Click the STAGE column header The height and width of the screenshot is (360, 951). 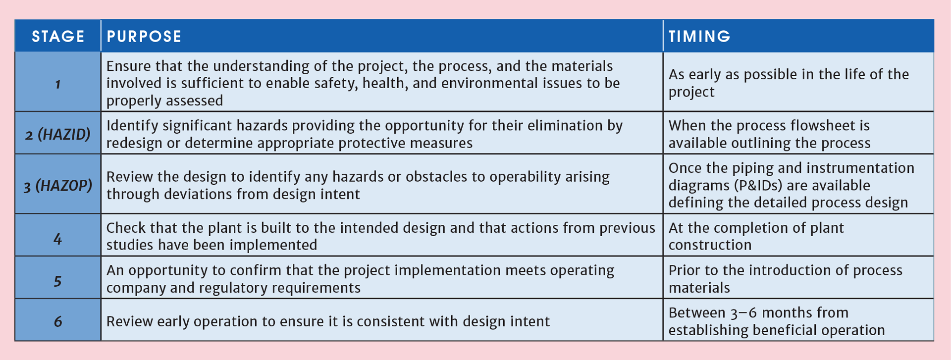(x=58, y=36)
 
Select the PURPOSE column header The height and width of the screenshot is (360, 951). (x=144, y=36)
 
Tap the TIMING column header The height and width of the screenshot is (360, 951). (x=699, y=36)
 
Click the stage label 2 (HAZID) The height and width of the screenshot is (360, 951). (x=58, y=134)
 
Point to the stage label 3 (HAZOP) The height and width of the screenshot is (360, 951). (x=58, y=186)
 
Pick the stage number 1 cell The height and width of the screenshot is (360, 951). (x=58, y=84)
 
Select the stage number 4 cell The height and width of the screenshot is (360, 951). (x=58, y=239)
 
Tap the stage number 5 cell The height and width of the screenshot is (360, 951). (x=58, y=281)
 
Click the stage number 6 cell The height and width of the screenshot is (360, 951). (x=58, y=321)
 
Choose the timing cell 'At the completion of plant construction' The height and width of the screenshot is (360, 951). (x=756, y=236)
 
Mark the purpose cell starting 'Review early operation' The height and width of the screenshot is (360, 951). (x=328, y=321)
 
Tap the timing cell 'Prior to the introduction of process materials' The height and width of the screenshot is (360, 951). (x=785, y=279)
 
